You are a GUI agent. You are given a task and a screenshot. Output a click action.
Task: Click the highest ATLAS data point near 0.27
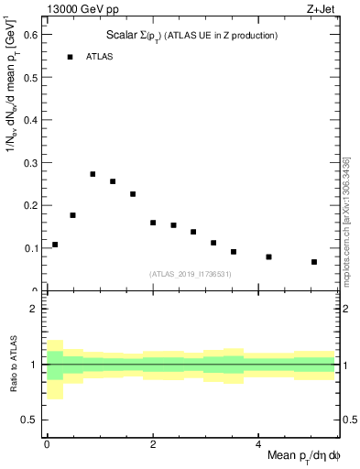tap(93, 174)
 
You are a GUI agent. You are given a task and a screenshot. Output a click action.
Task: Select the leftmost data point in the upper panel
tap(55, 245)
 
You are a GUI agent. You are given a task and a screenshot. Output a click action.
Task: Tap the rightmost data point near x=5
tap(314, 262)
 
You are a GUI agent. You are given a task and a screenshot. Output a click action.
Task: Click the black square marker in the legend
tap(70, 57)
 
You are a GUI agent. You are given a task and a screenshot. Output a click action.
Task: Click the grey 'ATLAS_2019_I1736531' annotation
tap(191, 274)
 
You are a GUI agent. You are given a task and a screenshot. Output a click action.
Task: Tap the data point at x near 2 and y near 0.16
tap(153, 223)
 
